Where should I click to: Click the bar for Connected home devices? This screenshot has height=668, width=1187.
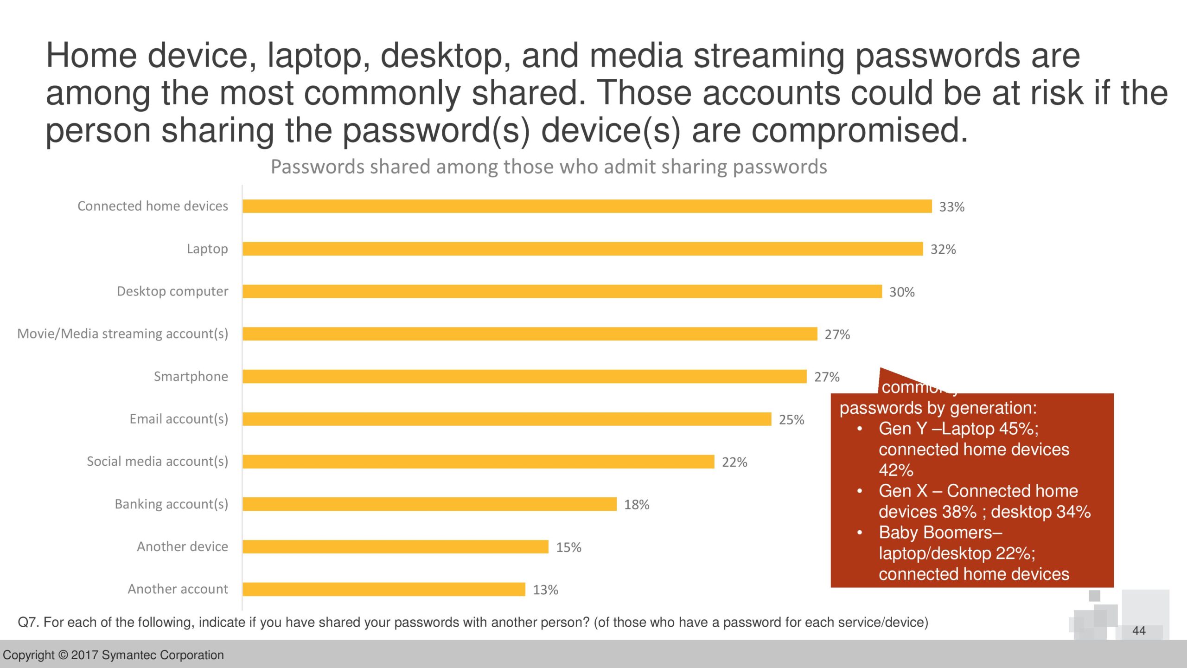point(587,206)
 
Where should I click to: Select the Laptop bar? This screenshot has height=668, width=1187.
point(582,249)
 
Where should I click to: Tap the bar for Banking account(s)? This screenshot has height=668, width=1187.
point(429,504)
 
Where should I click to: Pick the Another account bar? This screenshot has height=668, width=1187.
point(384,590)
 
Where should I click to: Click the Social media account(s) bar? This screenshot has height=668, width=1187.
point(478,462)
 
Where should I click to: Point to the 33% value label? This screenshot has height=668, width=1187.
point(951,207)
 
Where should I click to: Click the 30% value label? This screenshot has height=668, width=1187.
point(901,292)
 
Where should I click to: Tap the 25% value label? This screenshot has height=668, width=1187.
point(791,420)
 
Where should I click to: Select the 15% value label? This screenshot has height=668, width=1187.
point(568,547)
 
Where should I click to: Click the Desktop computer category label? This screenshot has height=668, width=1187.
point(172,291)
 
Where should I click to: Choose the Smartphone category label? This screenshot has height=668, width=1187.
point(191,376)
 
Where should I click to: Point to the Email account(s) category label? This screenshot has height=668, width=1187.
point(179,419)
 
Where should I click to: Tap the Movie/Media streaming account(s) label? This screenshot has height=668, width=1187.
point(122,334)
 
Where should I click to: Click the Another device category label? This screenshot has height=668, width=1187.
point(182,546)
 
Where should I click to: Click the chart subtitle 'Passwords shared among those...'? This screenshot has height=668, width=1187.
point(549,167)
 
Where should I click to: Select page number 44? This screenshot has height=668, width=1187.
point(1138,630)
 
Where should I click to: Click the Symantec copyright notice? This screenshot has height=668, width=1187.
point(113,655)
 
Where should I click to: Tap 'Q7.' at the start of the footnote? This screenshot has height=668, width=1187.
point(28,623)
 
